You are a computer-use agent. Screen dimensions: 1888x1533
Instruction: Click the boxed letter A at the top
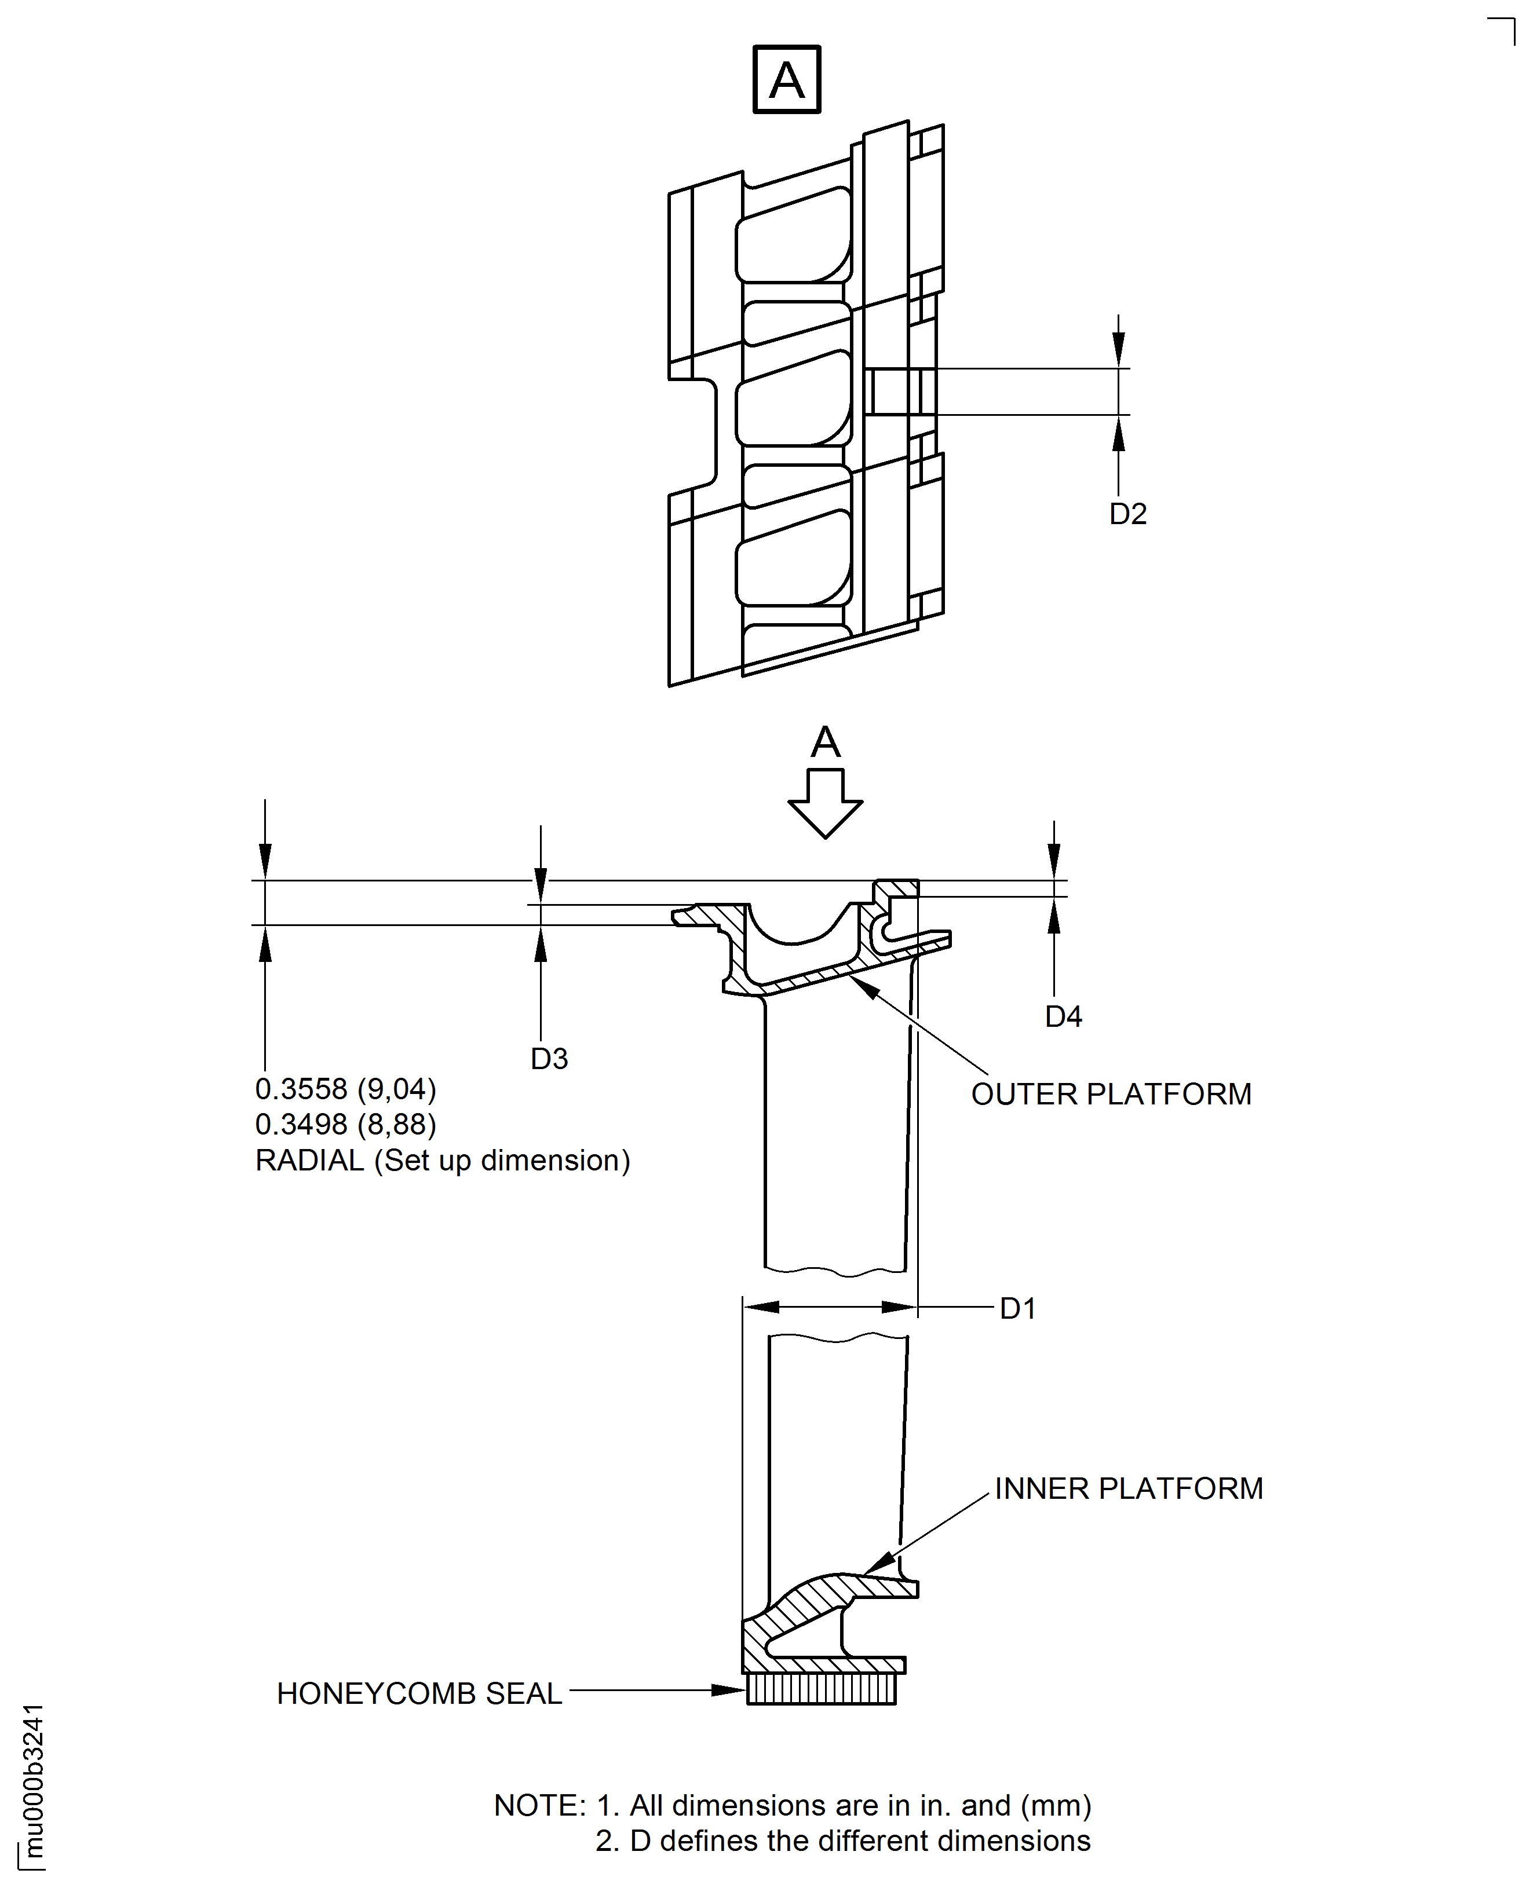(x=786, y=79)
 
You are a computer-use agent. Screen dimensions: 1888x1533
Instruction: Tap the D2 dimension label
(x=1127, y=514)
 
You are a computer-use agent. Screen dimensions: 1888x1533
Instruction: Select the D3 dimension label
(x=549, y=1058)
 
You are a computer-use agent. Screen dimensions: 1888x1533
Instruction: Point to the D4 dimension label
(x=1063, y=1016)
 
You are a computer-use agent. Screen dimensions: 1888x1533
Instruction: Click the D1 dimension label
(x=1017, y=1308)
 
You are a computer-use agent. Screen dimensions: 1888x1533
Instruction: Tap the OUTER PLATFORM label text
(x=1111, y=1093)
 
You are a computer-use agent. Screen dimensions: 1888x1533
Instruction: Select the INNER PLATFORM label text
(x=1129, y=1488)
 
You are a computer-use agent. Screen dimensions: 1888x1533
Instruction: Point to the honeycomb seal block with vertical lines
(x=822, y=1689)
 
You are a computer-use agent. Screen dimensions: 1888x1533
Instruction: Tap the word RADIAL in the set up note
(x=309, y=1160)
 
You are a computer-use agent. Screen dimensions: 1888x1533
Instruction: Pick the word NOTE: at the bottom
(x=539, y=1805)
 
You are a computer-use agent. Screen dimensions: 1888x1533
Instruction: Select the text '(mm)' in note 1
(x=1056, y=1805)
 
